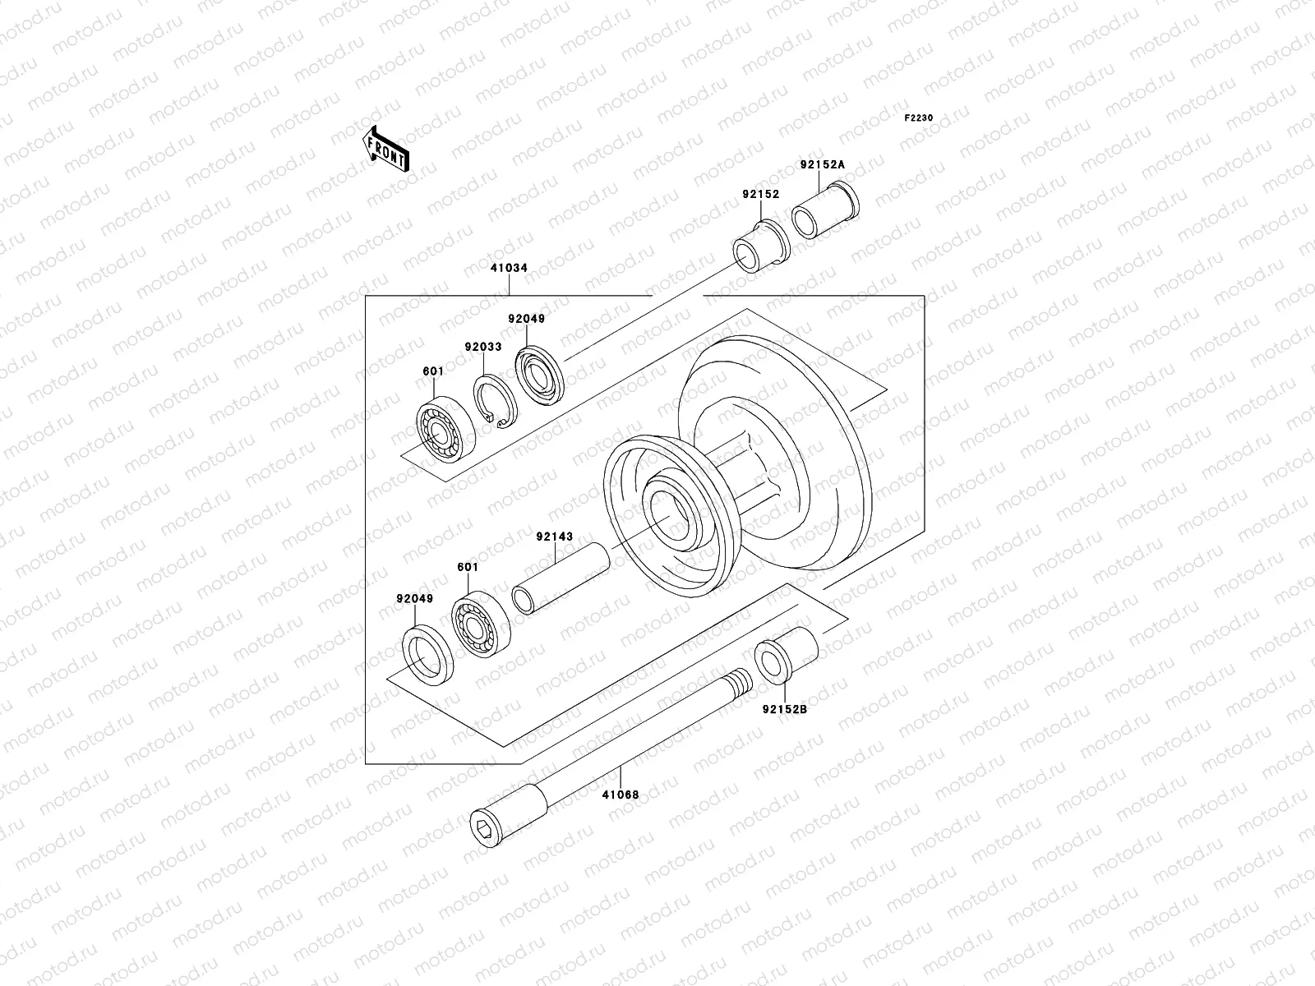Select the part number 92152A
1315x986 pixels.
[x=822, y=164]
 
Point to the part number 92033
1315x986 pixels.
[x=482, y=347]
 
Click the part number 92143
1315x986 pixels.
[x=554, y=537]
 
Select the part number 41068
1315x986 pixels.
[x=620, y=795]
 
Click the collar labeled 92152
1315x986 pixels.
[x=761, y=246]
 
